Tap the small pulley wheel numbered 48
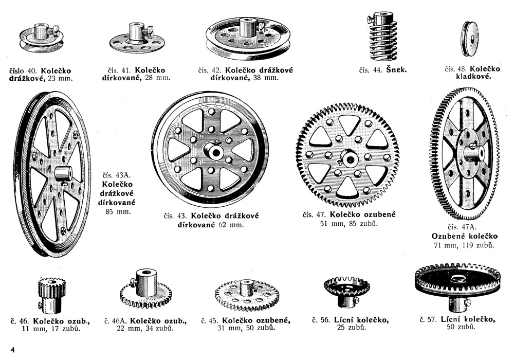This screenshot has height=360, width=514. (469, 38)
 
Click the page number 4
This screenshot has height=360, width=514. (13, 350)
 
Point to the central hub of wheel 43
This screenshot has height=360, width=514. (213, 151)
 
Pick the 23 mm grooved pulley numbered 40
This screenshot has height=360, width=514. (41, 39)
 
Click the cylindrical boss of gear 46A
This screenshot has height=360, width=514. (145, 283)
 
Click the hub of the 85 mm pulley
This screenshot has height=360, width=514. (63, 174)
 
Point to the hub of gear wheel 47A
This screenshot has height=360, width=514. (474, 153)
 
